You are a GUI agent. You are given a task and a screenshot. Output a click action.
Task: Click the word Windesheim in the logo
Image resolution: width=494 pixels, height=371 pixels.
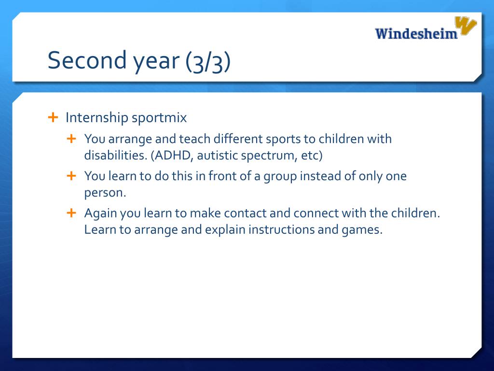[416, 33]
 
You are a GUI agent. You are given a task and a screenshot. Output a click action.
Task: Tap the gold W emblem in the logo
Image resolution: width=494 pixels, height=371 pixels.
[466, 25]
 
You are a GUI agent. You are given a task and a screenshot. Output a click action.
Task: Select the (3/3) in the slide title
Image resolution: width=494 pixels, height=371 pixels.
[208, 61]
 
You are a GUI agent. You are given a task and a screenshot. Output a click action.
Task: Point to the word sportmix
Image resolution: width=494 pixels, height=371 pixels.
[159, 118]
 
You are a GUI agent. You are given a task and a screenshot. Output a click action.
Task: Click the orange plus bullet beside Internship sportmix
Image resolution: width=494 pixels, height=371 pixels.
[53, 117]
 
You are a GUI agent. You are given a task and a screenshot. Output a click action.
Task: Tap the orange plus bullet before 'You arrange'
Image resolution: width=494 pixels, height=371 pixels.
[71, 139]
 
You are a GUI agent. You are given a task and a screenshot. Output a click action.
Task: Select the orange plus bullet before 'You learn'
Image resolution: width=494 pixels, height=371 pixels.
[71, 176]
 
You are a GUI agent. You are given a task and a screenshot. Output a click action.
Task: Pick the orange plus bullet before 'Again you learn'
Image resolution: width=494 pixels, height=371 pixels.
[71, 213]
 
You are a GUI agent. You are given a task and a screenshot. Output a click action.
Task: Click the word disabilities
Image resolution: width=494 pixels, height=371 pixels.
[116, 155]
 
